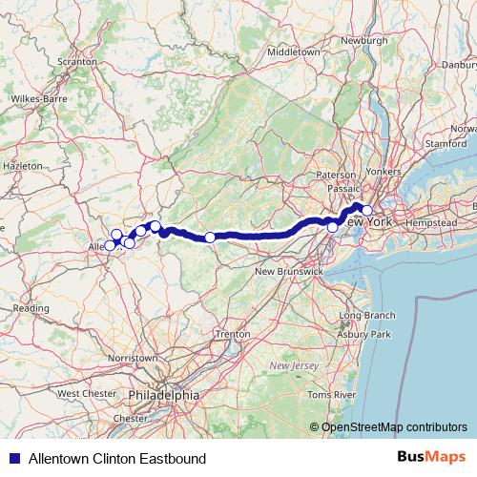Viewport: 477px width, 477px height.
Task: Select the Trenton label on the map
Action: [x=232, y=335]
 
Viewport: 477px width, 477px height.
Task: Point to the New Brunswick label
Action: [x=288, y=272]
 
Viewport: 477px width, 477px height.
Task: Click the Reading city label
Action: [x=31, y=308]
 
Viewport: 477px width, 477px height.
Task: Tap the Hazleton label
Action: [x=24, y=165]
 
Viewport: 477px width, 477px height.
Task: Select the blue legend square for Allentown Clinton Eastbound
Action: [x=14, y=459]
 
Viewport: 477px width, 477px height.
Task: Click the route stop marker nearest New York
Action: [x=366, y=211]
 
